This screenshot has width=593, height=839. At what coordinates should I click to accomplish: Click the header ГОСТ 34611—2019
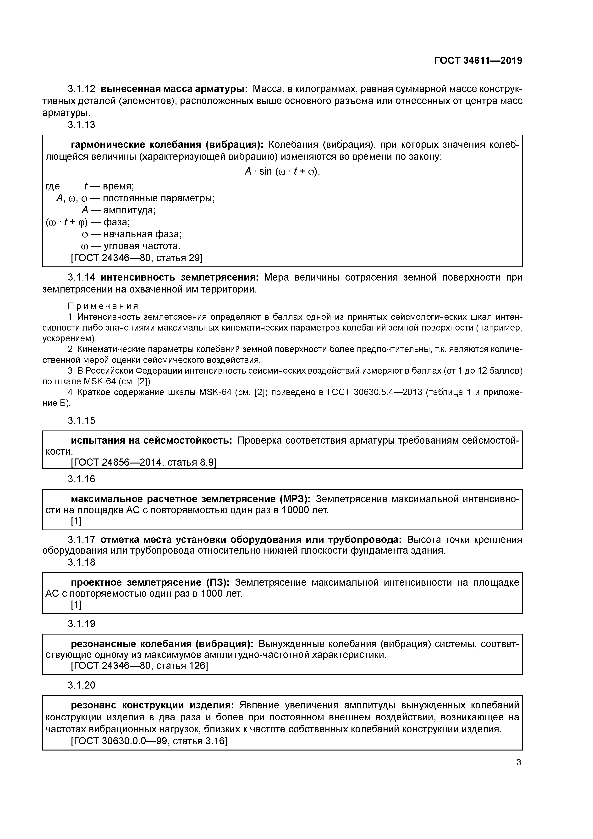point(478,61)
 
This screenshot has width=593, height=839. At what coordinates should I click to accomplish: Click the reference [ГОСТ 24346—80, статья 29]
point(136,258)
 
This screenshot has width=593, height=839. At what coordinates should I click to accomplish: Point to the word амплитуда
point(129,210)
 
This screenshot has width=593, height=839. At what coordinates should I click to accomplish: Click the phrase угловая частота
point(142,246)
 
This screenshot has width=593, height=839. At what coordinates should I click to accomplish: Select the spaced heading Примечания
point(103,306)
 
